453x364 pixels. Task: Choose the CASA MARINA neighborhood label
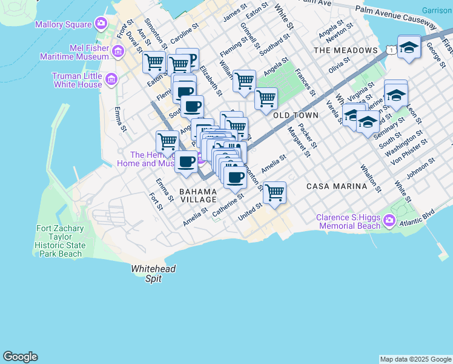tap(337, 186)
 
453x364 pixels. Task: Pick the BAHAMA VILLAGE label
tap(198, 195)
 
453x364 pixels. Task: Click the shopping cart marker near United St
tap(275, 193)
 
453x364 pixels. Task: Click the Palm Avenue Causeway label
tap(395, 16)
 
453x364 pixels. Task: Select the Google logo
tap(20, 357)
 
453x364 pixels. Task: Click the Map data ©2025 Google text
tap(415, 359)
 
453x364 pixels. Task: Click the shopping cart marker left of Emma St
tap(167, 142)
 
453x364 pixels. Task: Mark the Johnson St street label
tap(422, 170)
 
